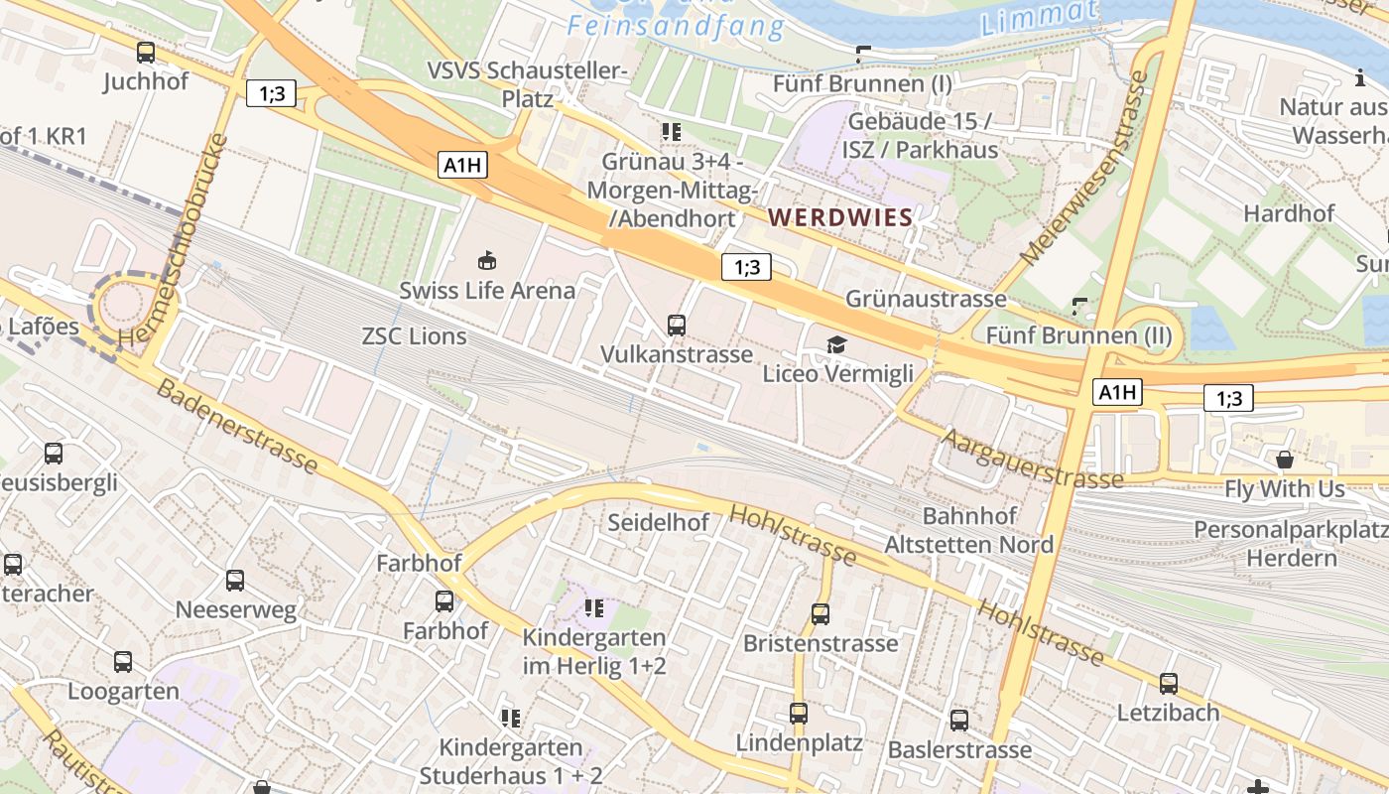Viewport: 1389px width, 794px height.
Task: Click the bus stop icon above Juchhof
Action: [x=146, y=53]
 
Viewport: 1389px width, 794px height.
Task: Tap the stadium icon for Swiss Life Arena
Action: [x=487, y=261]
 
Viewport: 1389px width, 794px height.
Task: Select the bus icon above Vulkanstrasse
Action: [x=677, y=325]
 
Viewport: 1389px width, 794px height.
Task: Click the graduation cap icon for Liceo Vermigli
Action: [x=837, y=344]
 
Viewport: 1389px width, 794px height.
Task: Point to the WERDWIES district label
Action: [x=840, y=217]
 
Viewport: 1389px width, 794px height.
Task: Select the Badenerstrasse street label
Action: [x=238, y=427]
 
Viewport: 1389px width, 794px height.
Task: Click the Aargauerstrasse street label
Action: [x=1033, y=458]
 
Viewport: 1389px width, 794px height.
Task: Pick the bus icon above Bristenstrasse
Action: [x=821, y=614]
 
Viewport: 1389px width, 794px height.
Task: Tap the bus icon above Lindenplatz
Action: [x=799, y=713]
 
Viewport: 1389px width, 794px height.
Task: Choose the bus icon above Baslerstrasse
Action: [x=959, y=720]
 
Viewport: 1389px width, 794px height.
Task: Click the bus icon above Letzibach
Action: [x=1169, y=683]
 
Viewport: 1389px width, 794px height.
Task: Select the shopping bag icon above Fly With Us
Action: [x=1285, y=460]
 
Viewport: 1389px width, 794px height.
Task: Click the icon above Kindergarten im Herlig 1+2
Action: [x=594, y=607]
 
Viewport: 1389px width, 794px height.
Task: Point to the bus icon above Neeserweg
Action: [x=235, y=580]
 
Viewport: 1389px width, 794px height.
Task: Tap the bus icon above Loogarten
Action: [x=123, y=661]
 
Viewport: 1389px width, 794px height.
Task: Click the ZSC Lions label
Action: [x=414, y=336]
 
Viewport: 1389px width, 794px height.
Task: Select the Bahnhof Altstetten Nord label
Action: [x=968, y=531]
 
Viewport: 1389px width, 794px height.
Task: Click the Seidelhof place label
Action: [x=658, y=522]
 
